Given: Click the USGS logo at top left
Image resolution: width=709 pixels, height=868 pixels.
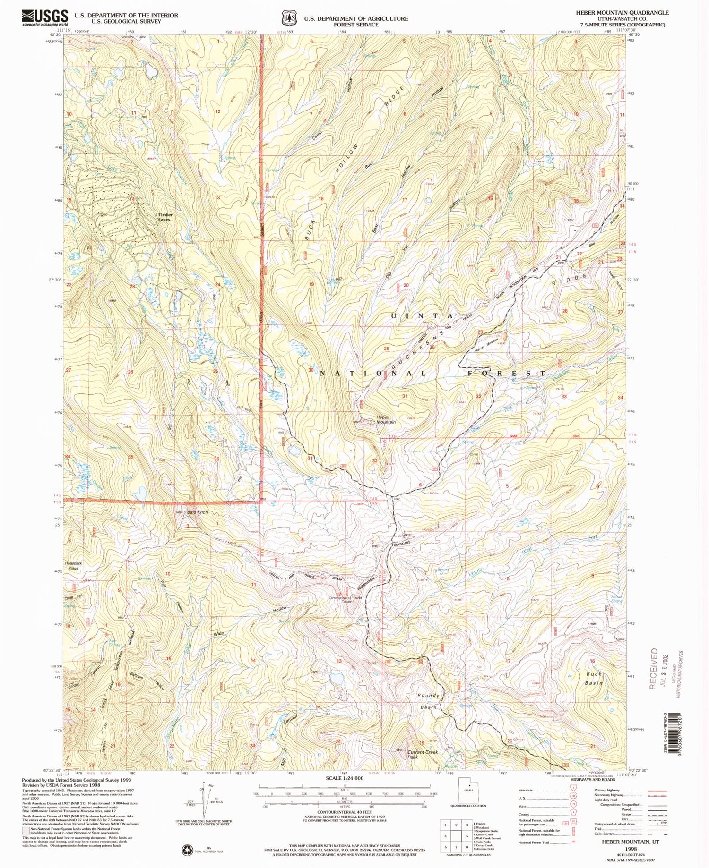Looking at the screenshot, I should pos(45,17).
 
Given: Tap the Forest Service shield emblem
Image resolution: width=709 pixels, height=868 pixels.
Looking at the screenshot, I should pos(286,17).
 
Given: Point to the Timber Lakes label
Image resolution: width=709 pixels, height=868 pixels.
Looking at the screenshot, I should pos(165,217).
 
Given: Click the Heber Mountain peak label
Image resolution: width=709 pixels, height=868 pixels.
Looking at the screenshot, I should pos(385,419).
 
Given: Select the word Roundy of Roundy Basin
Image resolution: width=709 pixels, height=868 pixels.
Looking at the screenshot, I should pos(428,696).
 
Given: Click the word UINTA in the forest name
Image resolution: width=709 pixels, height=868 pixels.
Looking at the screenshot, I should pos(422,315).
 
